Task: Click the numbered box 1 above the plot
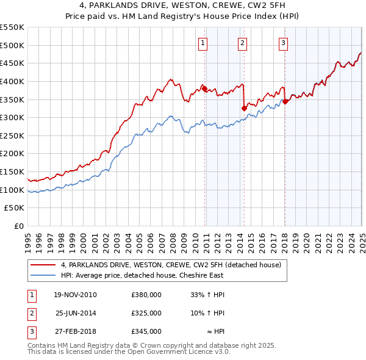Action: (203, 43)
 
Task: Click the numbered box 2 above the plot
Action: (243, 43)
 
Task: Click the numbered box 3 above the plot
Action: (284, 43)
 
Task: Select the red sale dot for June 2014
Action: (245, 108)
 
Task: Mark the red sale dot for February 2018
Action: (285, 101)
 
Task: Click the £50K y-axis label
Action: (14, 208)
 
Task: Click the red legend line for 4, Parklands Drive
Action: (44, 265)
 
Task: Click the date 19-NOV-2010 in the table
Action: (75, 295)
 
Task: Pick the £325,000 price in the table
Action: (146, 313)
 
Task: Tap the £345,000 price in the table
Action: (146, 331)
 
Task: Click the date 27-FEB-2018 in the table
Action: (75, 331)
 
